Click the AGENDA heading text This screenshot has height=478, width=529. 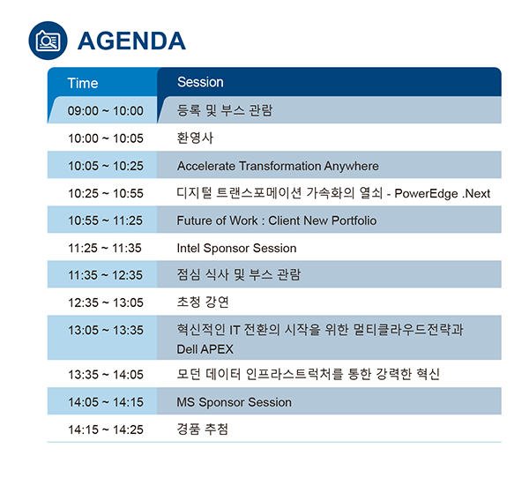[x=131, y=41]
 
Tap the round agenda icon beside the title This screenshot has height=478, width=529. [x=48, y=41]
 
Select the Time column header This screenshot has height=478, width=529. [x=83, y=83]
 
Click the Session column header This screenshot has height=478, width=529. [x=200, y=82]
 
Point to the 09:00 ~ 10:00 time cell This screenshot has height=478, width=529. [x=106, y=111]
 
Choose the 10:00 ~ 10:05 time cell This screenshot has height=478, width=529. [x=106, y=138]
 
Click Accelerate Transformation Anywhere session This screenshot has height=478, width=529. [x=278, y=166]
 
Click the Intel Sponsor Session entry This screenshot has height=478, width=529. [x=236, y=248]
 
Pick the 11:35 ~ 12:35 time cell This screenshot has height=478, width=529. [x=105, y=275]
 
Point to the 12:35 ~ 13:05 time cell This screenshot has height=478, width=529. [x=106, y=302]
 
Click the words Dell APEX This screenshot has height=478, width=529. [x=205, y=349]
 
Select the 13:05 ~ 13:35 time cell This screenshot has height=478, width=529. [x=106, y=330]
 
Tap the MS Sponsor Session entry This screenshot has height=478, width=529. [x=235, y=402]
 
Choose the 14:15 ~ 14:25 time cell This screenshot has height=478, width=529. [x=106, y=429]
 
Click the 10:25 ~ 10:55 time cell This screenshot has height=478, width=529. [x=106, y=193]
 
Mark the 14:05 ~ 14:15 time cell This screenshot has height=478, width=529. [x=106, y=402]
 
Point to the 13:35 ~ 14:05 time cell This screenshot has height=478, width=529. [x=106, y=375]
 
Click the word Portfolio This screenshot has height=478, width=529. [x=354, y=220]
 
